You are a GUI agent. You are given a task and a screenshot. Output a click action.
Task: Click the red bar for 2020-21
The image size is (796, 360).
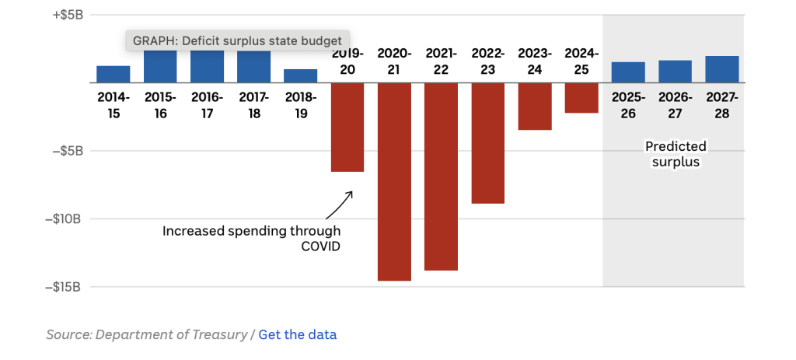394,181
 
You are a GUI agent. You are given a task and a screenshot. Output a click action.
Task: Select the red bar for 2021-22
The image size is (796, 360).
441,177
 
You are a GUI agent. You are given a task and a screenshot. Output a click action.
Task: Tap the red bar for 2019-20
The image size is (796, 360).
347,127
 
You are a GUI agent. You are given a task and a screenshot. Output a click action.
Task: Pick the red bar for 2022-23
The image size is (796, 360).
488,143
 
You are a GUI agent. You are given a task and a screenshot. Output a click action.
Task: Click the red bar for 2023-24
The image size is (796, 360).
535,106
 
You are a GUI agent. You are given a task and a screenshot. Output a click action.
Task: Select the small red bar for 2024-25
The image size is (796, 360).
581,98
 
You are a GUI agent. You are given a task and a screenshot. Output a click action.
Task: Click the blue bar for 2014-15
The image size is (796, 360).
113,75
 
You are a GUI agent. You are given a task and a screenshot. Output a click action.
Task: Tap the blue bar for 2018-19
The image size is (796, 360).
300,76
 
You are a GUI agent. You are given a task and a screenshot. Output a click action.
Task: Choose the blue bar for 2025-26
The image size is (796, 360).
628,72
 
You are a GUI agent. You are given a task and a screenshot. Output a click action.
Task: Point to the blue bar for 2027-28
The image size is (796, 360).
722,69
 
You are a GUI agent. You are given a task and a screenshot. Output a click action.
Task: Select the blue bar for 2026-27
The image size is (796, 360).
675,72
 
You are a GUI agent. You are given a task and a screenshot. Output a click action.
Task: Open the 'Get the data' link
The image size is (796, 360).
298,334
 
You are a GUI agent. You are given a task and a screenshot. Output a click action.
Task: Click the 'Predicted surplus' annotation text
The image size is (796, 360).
676,154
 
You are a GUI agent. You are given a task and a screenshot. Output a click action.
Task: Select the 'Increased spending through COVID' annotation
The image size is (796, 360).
251,238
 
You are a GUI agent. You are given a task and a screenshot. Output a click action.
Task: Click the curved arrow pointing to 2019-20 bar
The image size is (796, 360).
339,204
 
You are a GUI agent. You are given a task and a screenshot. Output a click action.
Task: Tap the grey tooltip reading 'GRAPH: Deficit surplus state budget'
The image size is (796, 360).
238,40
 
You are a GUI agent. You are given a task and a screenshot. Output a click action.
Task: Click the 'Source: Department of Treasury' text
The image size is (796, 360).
146,334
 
